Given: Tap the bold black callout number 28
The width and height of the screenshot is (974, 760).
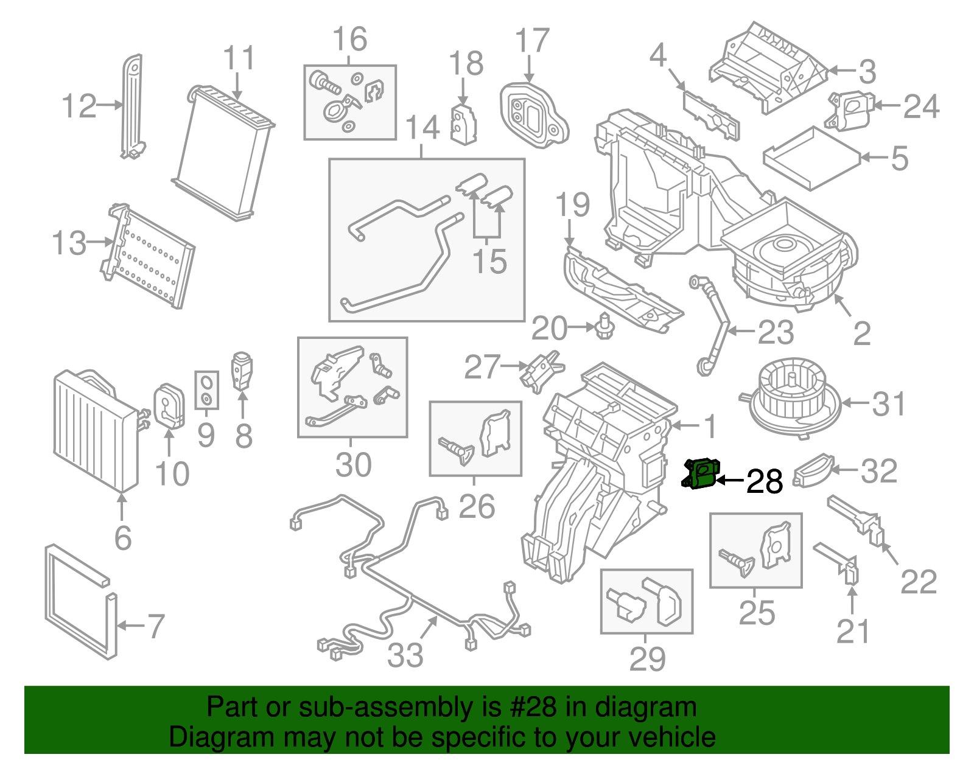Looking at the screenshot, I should click(x=764, y=482).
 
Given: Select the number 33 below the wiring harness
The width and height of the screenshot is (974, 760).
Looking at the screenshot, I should click(x=405, y=655).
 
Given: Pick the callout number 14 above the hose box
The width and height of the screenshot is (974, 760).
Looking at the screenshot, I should click(x=422, y=128).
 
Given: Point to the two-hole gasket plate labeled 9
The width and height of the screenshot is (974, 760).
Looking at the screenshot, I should click(x=207, y=390).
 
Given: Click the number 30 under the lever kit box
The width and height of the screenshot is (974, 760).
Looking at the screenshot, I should click(x=353, y=465).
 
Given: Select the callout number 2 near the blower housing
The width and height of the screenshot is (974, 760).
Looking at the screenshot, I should click(x=861, y=333).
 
